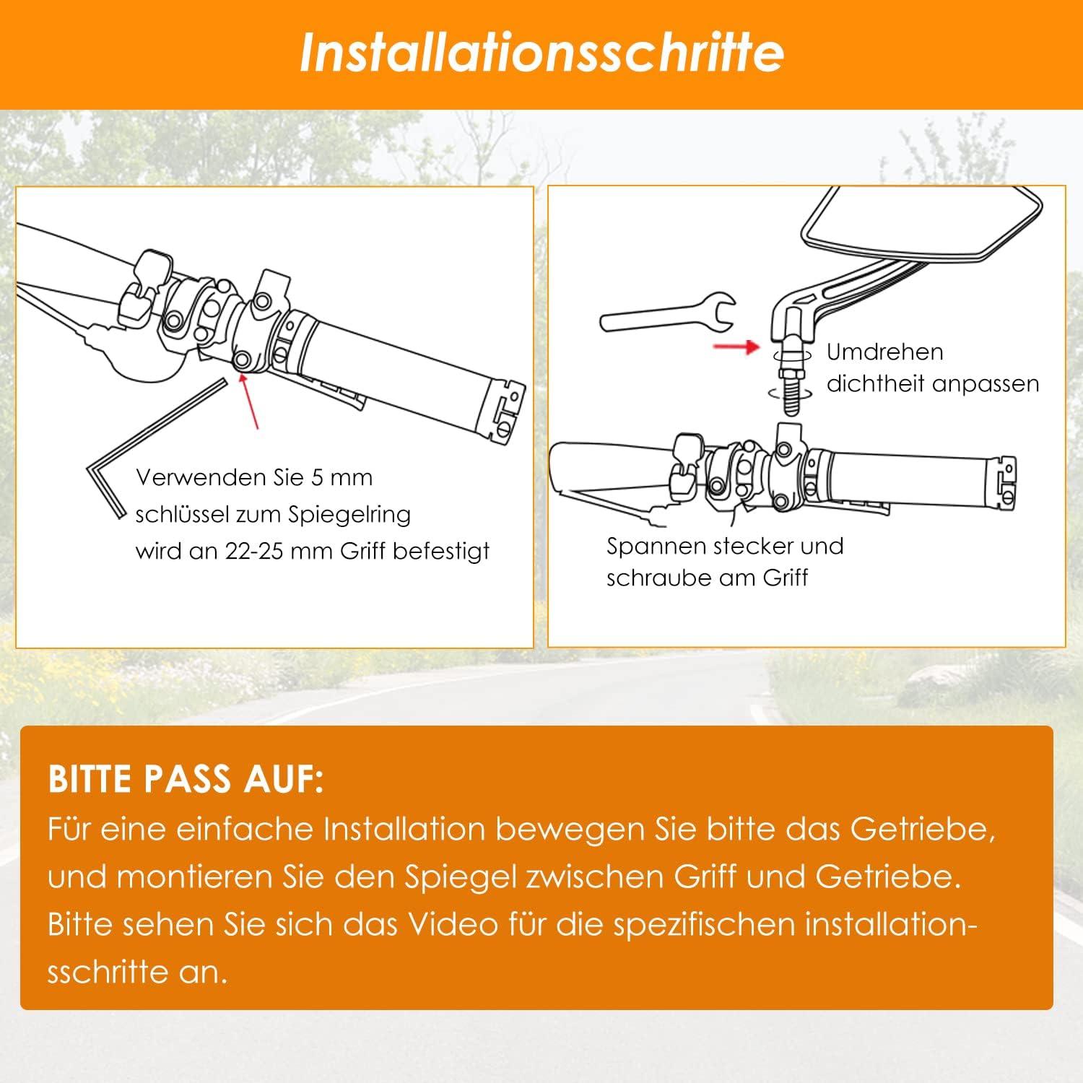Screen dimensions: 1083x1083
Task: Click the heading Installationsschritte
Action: click(x=541, y=53)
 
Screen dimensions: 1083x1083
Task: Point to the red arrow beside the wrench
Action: click(x=736, y=347)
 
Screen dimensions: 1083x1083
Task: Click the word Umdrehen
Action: click(x=884, y=352)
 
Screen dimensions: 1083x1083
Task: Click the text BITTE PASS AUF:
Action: click(x=186, y=780)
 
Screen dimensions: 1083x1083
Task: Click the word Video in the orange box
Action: click(x=453, y=924)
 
